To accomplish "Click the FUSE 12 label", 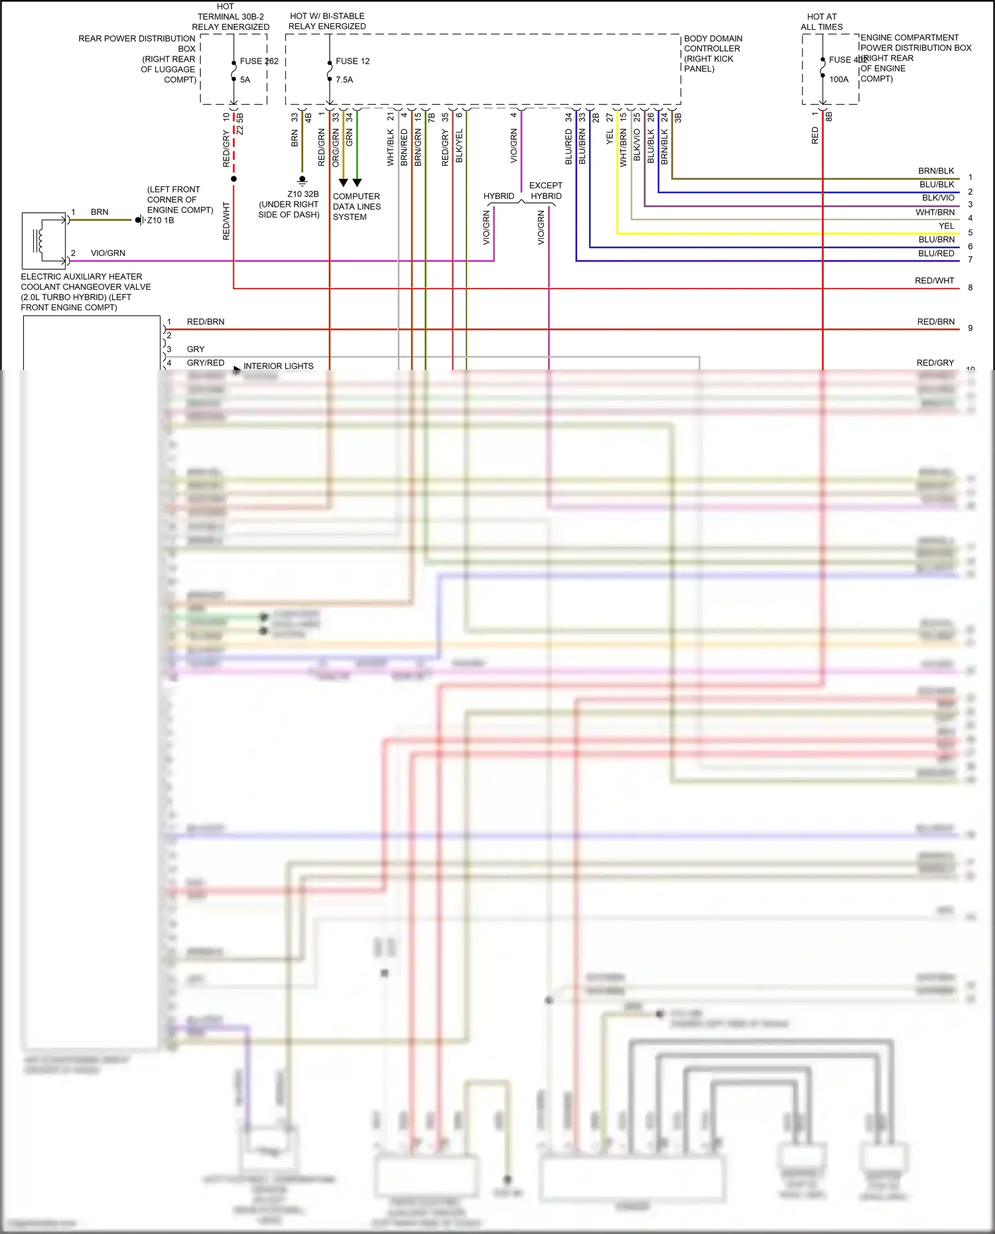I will (352, 61).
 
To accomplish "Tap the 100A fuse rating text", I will (838, 80).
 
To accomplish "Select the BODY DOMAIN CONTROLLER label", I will (712, 53).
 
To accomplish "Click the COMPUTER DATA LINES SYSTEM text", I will (356, 206).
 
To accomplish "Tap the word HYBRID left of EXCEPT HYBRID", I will (498, 196).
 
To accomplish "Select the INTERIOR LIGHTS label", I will (278, 366).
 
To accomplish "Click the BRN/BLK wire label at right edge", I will (936, 171).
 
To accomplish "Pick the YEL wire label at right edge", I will (946, 226).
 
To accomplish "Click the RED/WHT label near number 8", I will (934, 281).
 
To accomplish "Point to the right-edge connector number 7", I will (970, 260).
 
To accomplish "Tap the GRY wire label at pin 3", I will (196, 349).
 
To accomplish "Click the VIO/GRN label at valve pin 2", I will (107, 253).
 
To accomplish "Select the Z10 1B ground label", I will (161, 220).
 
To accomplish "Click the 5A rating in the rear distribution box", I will (245, 80).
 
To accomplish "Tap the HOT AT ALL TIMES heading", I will (821, 22).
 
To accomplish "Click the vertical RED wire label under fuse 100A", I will (815, 136).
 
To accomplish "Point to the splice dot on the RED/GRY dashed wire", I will (233, 179).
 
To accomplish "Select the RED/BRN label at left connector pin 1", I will (206, 322).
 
